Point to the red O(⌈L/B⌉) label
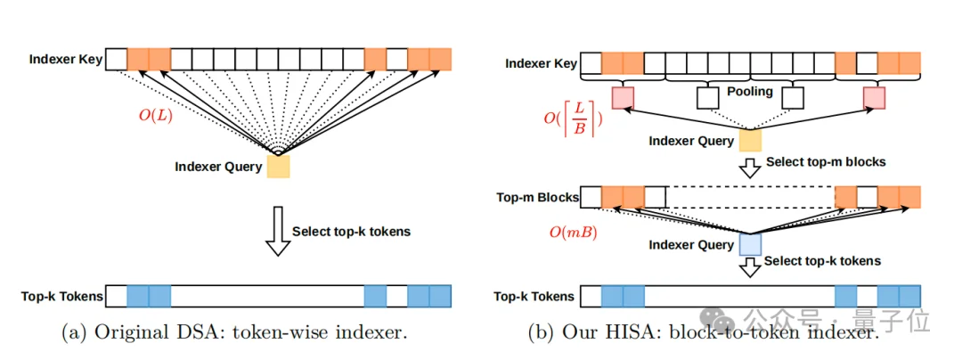click(571, 118)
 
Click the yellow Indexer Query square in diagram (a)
click(278, 167)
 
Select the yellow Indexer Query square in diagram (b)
click(749, 140)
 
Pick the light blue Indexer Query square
click(749, 243)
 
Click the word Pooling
click(749, 92)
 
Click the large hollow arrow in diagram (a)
click(279, 231)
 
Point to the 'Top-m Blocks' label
click(536, 197)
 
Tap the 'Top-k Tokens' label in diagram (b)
click(534, 296)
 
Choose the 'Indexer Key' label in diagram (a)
click(66, 60)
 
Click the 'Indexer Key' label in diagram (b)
click(541, 63)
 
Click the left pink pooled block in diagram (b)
click(624, 97)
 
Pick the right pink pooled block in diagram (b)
click(874, 97)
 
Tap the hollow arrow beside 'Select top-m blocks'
click(749, 165)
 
